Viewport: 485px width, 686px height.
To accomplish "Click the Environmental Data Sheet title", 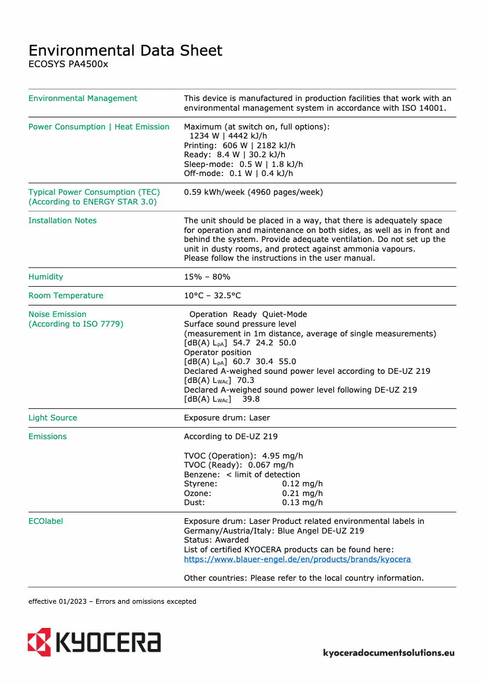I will pyautogui.click(x=126, y=50).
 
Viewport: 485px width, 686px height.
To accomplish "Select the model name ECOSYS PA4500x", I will pyautogui.click(x=68, y=64).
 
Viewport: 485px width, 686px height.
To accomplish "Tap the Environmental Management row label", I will pyautogui.click(x=83, y=99).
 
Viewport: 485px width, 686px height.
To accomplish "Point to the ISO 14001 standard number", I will pyautogui.click(x=424, y=108).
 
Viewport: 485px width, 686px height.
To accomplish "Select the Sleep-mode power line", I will pyautogui.click(x=243, y=165).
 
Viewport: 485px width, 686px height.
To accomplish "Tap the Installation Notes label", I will pyautogui.click(x=62, y=221).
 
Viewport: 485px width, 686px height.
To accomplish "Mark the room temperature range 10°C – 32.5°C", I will pyautogui.click(x=212, y=296).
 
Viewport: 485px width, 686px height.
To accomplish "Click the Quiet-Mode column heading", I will pyautogui.click(x=285, y=315).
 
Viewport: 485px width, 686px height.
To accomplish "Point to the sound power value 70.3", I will pyautogui.click(x=246, y=381).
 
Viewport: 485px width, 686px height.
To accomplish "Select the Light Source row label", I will pyautogui.click(x=53, y=418).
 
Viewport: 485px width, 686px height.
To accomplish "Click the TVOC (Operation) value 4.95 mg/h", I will pyautogui.click(x=282, y=456).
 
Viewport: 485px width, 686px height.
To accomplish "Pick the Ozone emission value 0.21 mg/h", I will pyautogui.click(x=302, y=494).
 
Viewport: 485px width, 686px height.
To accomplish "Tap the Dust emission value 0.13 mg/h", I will pyautogui.click(x=302, y=503).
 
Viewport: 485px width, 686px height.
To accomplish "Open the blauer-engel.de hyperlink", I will pyautogui.click(x=297, y=560).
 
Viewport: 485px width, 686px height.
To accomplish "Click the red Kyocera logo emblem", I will pyautogui.click(x=39, y=641).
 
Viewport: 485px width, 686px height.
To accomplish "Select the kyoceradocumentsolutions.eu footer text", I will pyautogui.click(x=389, y=653).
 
